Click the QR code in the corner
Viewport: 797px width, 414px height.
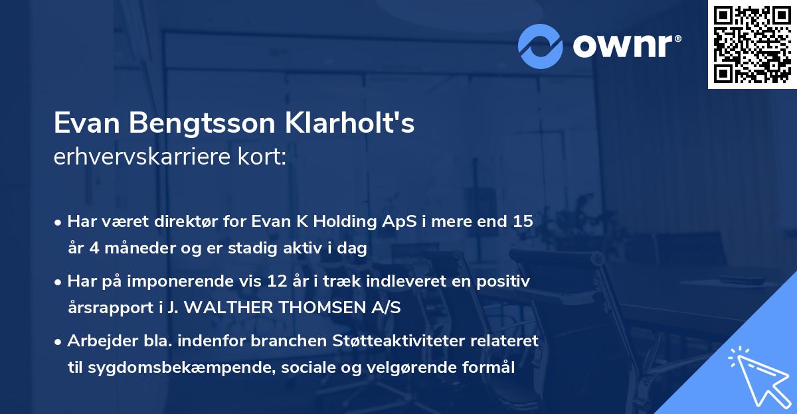[x=753, y=44]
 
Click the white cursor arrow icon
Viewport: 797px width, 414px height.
[x=760, y=378]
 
